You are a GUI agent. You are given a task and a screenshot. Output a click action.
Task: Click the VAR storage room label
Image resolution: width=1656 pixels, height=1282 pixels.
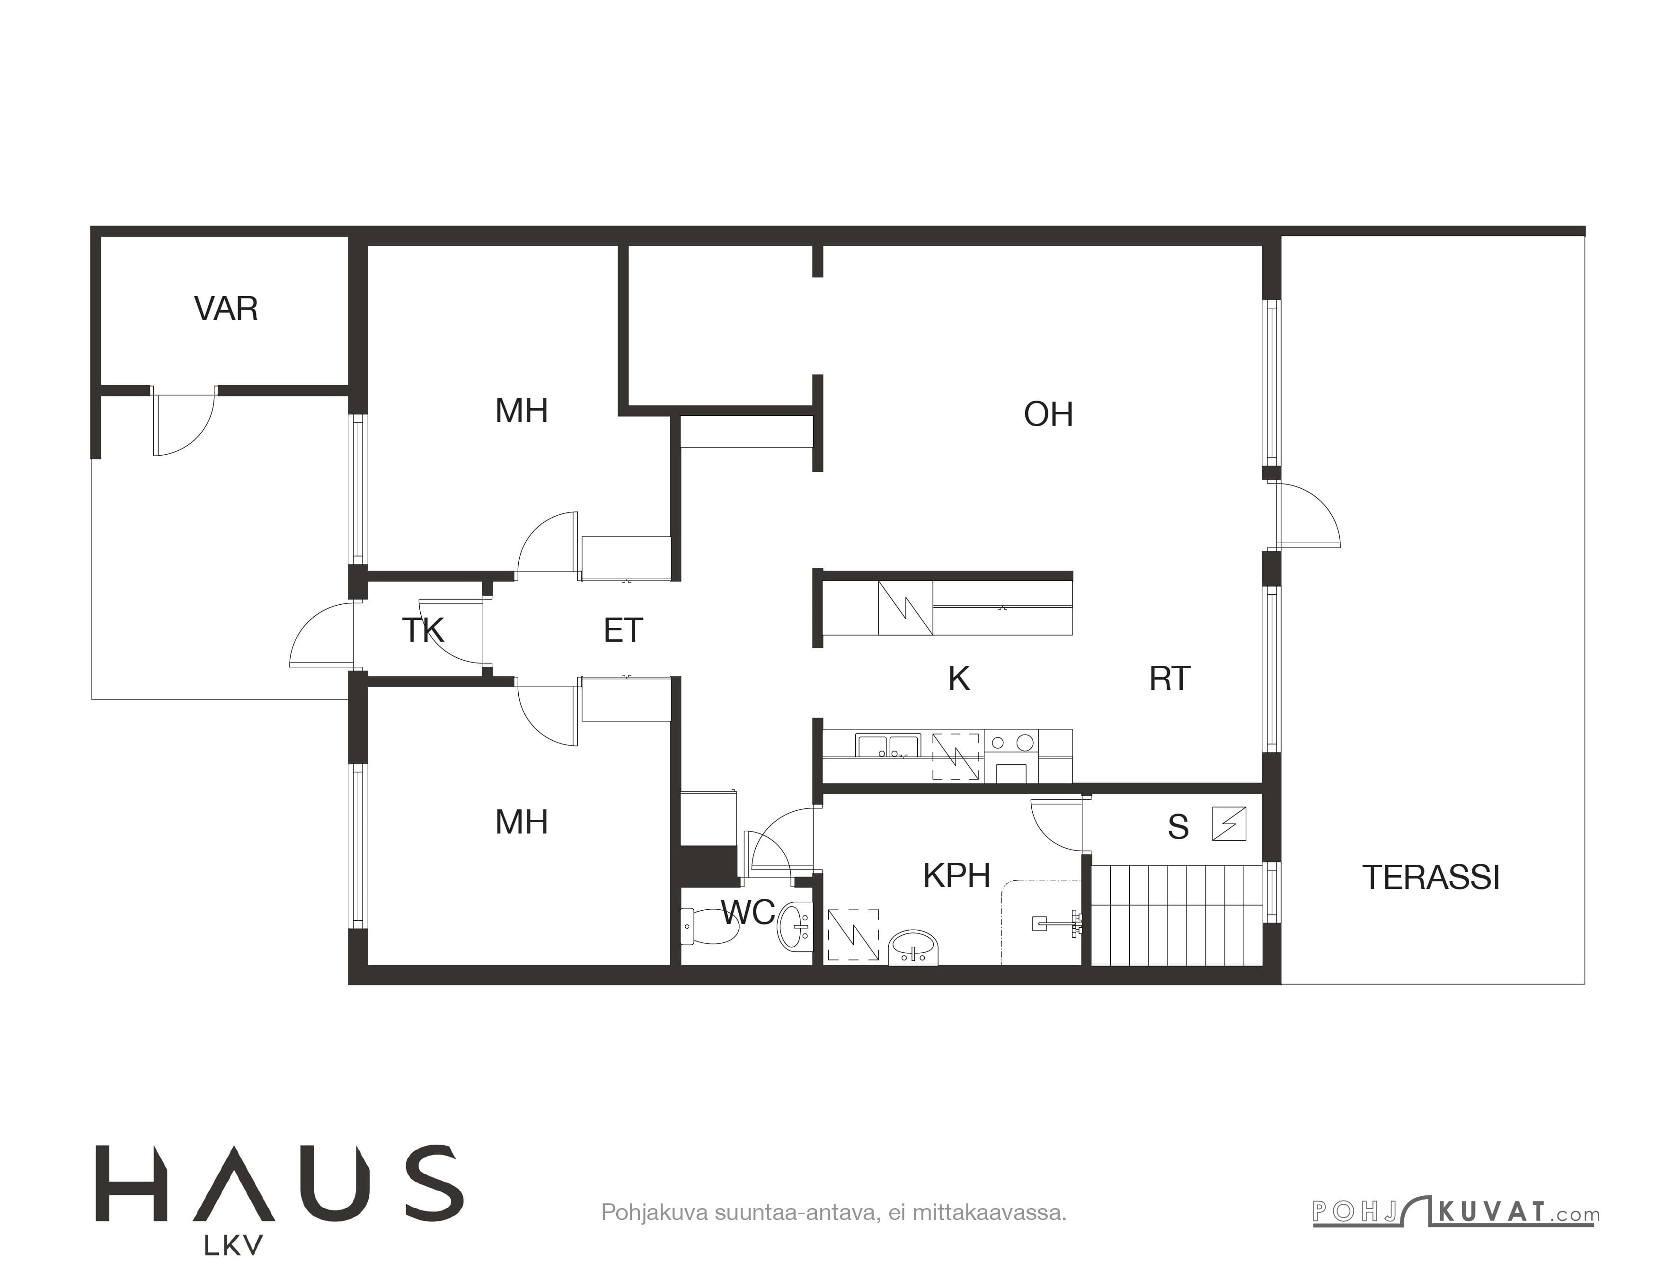226,309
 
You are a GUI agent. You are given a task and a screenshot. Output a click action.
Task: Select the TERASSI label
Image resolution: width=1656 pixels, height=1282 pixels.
1431,878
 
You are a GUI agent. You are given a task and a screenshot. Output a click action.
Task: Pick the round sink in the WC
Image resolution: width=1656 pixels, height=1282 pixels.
794,926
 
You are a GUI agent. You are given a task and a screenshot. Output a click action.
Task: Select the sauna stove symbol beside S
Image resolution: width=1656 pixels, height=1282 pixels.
1228,823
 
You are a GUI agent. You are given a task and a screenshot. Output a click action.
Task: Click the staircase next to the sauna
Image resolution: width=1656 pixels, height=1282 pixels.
1177,915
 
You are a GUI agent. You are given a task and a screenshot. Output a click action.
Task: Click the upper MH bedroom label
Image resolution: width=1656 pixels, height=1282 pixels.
522,411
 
